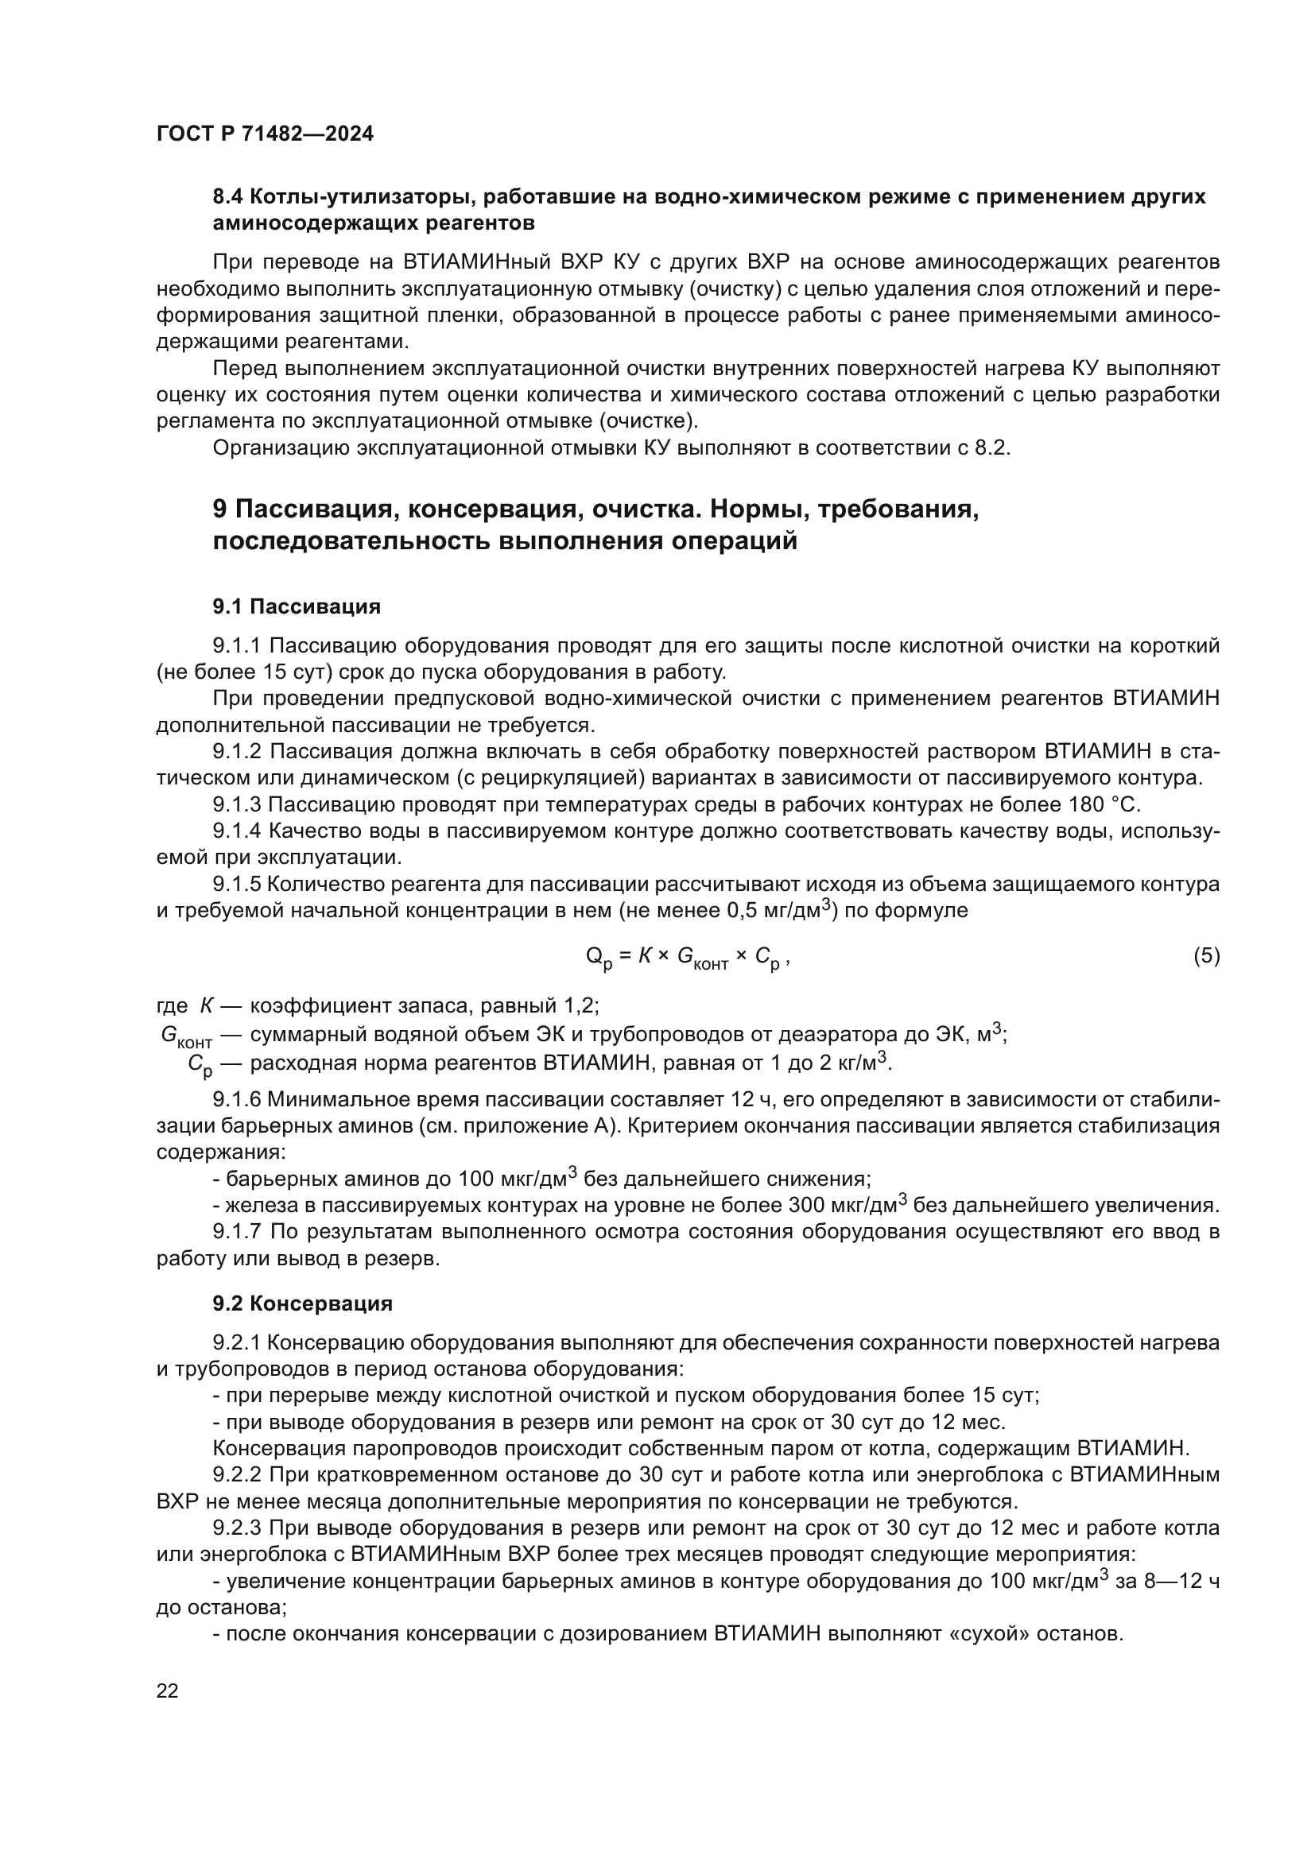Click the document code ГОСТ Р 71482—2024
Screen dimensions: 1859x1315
click(265, 134)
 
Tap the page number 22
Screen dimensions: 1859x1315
click(168, 1691)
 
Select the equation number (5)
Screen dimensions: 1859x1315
click(1206, 956)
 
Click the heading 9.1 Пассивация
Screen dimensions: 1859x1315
click(297, 606)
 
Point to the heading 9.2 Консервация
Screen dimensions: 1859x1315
click(302, 1303)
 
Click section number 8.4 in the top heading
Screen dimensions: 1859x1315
click(228, 197)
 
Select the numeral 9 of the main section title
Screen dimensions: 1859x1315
click(219, 509)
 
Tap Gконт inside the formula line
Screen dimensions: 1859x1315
click(702, 959)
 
